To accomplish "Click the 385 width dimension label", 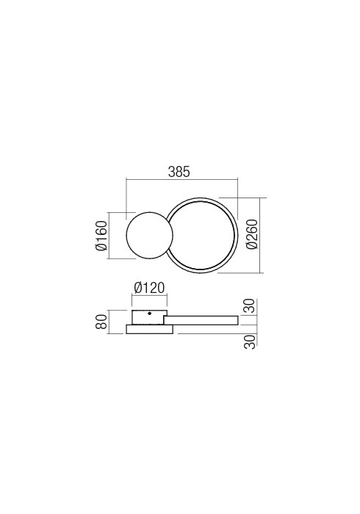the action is (x=179, y=172).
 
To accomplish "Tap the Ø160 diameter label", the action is (x=101, y=236).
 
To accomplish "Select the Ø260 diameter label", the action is (x=253, y=234).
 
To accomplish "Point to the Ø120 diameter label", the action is (x=149, y=288).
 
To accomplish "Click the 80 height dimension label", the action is (x=102, y=322).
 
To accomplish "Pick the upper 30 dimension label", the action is (x=251, y=306).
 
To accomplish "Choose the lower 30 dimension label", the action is (x=251, y=342).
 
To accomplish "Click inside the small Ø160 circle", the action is (x=149, y=236).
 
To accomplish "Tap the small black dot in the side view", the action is (x=149, y=314).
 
